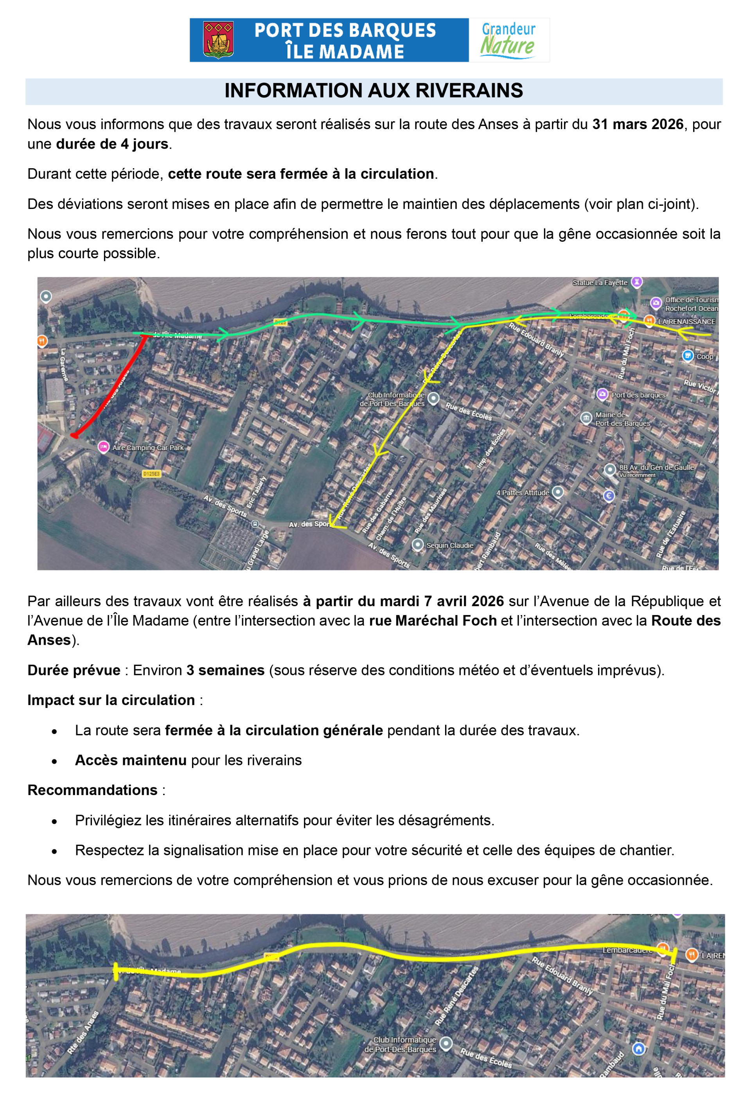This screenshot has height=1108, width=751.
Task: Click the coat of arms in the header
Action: [218, 40]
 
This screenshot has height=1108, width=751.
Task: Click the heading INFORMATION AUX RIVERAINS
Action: [374, 91]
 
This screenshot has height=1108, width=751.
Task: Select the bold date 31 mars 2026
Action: [637, 124]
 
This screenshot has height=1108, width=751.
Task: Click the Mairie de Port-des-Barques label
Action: [622, 419]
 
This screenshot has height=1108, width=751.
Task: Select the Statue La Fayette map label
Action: [600, 283]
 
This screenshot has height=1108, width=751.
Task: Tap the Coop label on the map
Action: [704, 357]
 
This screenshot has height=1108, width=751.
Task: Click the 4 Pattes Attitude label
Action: [523, 493]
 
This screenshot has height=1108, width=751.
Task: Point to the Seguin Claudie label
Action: [449, 545]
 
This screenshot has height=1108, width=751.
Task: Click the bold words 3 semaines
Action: [225, 670]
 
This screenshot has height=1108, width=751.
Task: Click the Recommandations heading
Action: [92, 790]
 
